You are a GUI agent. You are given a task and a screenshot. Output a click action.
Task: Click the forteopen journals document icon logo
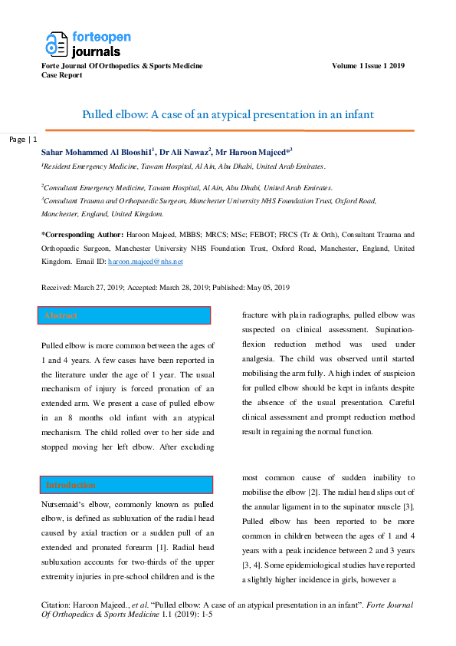coord(57,44)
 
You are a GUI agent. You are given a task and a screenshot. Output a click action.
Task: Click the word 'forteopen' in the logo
coord(102,37)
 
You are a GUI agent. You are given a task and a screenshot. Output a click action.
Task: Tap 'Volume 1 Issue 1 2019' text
coord(368,66)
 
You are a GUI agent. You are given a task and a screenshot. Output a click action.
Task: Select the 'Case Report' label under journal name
coord(62,75)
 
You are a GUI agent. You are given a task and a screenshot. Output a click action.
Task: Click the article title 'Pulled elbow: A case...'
coord(228,114)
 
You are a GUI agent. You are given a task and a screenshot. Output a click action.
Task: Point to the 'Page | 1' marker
coord(23,140)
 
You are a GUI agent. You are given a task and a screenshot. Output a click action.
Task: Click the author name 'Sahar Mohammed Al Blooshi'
coord(97,153)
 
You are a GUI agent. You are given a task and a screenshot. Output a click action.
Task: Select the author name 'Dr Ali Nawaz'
coord(184,153)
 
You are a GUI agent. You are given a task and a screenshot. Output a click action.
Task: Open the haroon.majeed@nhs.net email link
coord(146,262)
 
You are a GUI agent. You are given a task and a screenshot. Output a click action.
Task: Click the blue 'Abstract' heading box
coord(124,315)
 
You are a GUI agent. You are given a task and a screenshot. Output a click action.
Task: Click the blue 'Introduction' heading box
coord(126,485)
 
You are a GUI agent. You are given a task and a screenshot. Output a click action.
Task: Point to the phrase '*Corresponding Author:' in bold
coord(82,235)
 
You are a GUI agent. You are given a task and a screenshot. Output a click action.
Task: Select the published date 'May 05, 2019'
coord(268,288)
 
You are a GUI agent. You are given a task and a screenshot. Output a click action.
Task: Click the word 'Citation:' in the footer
coord(55,605)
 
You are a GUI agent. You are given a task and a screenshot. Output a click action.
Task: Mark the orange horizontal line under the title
coord(230,130)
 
